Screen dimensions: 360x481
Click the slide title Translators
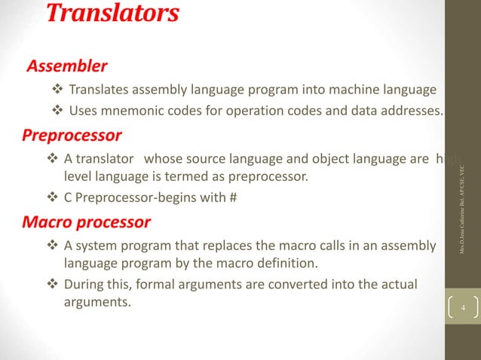pos(113,14)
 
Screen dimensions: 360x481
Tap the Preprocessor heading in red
pos(71,136)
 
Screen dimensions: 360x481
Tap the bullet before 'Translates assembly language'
pos(56,91)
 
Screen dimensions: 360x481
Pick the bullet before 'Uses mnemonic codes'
pos(56,112)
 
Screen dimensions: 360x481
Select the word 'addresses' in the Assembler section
pos(415,112)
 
